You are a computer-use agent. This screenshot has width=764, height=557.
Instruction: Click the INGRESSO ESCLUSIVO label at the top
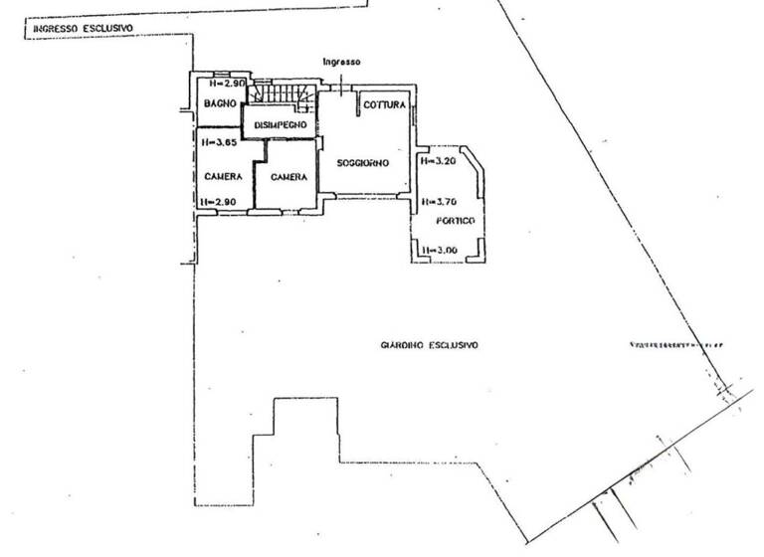pos(85,29)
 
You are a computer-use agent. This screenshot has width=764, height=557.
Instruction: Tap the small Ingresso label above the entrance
pos(340,62)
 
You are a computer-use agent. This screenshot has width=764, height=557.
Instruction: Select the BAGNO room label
pos(219,103)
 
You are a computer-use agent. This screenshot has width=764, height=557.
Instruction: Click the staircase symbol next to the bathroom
pos(282,93)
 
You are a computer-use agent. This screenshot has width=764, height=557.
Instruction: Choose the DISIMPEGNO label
pos(281,124)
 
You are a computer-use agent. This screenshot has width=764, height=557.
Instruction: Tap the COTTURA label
pos(383,104)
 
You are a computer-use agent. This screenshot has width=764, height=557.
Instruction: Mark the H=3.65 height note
pos(216,142)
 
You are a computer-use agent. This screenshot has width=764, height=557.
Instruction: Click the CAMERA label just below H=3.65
pos(222,176)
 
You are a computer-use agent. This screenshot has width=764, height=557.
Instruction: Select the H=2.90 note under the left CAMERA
pos(216,202)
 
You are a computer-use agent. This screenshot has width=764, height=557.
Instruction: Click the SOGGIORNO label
pos(361,162)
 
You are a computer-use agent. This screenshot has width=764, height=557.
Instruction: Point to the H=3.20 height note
pos(439,161)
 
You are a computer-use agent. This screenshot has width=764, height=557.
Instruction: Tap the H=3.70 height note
pos(439,201)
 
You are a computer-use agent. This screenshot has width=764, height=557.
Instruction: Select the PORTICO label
pos(453,220)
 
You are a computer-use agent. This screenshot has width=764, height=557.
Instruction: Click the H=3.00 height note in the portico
pos(439,250)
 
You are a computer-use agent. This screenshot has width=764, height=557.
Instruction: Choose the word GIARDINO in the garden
pos(401,345)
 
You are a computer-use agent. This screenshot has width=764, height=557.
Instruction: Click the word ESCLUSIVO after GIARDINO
pos(454,345)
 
